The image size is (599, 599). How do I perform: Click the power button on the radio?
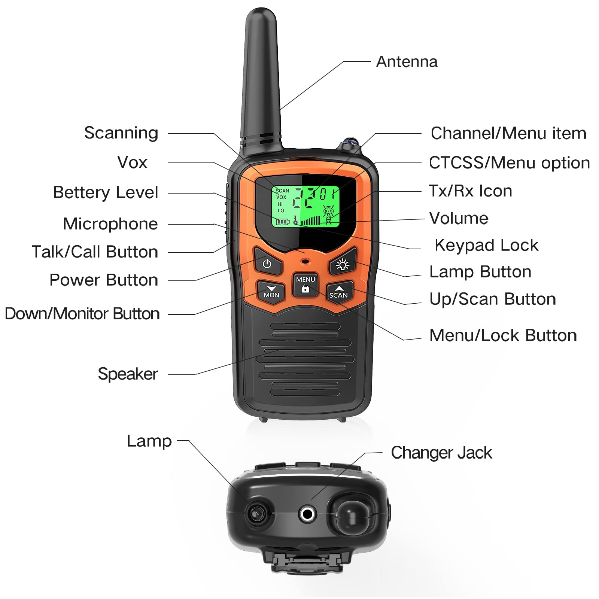click(x=267, y=264)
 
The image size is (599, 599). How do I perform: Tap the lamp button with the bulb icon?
click(x=343, y=264)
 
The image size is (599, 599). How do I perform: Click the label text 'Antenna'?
click(x=407, y=62)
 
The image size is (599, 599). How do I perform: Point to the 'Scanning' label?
click(x=121, y=133)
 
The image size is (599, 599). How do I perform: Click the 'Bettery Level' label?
click(x=106, y=192)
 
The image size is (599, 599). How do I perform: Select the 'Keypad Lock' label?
click(x=486, y=246)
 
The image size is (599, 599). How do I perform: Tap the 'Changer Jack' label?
click(x=441, y=453)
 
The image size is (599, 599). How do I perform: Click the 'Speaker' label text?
click(x=128, y=374)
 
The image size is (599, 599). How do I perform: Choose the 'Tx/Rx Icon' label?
click(x=470, y=191)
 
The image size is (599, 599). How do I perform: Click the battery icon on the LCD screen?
click(x=283, y=222)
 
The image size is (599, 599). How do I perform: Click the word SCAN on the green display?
click(x=283, y=191)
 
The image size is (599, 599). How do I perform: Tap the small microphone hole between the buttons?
click(x=305, y=261)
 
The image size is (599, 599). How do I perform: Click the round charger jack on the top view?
click(x=307, y=514)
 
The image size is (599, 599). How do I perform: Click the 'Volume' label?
click(x=459, y=218)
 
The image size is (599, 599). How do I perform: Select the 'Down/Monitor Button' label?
click(x=82, y=314)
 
